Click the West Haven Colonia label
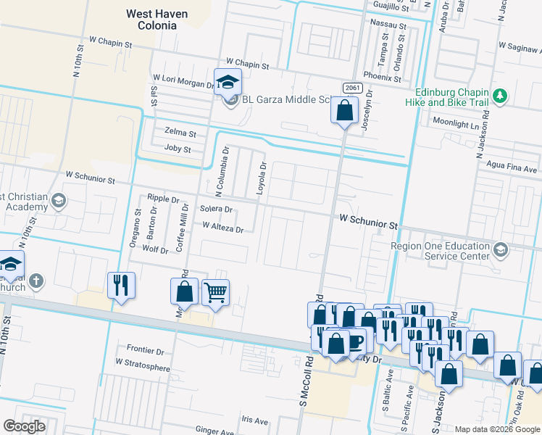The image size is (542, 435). (157, 20)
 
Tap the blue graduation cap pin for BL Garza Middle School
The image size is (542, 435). (228, 82)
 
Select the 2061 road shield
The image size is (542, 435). (352, 88)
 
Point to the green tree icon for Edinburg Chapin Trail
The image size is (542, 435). (499, 96)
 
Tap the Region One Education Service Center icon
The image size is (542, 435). (500, 251)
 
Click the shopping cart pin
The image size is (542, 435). (215, 293)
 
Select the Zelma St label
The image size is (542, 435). (180, 133)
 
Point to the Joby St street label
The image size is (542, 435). (178, 149)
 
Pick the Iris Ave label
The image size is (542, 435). (255, 420)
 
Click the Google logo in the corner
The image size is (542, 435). (24, 426)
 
